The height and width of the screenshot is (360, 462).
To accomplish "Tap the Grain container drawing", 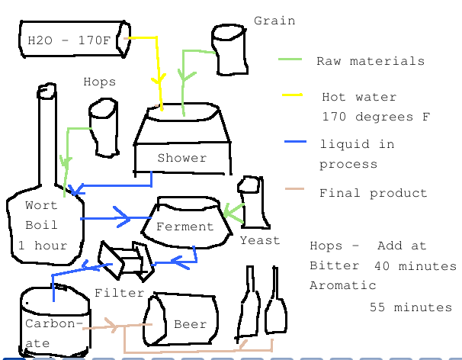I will click(229, 50).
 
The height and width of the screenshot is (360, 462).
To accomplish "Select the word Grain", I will click(274, 21).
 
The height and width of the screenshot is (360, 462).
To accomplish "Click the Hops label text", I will click(100, 82).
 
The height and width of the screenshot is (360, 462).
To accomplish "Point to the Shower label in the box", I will click(182, 158).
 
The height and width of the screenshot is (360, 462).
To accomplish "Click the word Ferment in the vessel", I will click(184, 227).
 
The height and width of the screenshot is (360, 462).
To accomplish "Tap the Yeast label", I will click(260, 240).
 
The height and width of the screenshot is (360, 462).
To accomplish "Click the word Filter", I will click(120, 293).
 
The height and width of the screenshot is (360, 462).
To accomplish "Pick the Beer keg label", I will click(190, 324).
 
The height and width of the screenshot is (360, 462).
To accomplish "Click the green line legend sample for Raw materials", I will click(290, 59).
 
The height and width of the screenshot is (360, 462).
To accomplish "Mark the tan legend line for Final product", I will click(294, 189).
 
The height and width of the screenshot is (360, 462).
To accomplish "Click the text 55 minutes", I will click(411, 307).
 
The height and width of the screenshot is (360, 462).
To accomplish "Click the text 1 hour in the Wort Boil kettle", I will click(43, 246).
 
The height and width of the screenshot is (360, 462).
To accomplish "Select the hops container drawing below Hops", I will click(102, 128).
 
